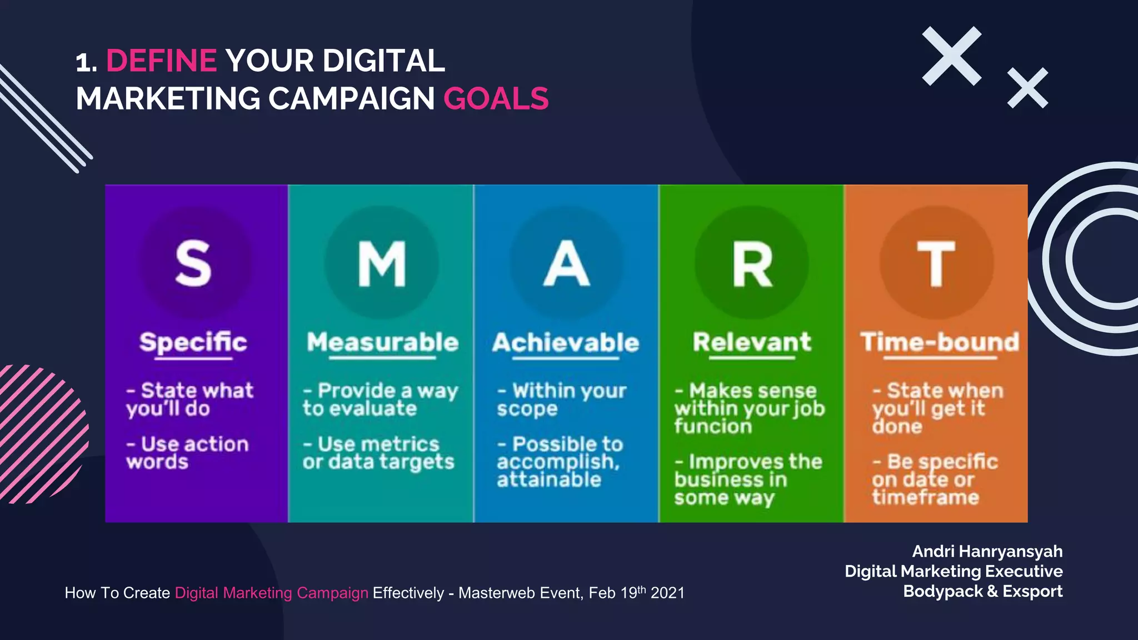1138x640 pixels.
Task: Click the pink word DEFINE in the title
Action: (161, 61)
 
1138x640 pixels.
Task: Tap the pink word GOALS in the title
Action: (496, 99)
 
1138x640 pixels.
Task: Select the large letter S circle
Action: (193, 263)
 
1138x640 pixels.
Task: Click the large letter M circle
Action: (382, 263)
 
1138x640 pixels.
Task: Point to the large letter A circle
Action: (566, 263)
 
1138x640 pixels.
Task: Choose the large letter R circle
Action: (752, 263)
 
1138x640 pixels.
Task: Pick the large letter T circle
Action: (936, 263)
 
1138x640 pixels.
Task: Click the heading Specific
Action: (193, 342)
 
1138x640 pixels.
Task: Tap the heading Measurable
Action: (382, 342)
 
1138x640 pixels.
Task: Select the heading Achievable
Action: (566, 343)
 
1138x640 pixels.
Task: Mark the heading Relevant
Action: (752, 342)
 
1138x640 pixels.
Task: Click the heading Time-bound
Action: (940, 342)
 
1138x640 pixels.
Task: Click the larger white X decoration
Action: (952, 56)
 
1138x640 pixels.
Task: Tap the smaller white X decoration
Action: (1027, 88)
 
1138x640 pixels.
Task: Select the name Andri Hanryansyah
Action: (987, 551)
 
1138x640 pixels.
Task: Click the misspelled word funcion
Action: (713, 426)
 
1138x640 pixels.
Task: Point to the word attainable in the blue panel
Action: (549, 479)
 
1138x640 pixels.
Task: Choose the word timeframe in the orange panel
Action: (925, 497)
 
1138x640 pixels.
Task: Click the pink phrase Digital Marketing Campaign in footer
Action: (271, 593)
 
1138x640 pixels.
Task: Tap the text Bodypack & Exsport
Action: (982, 591)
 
